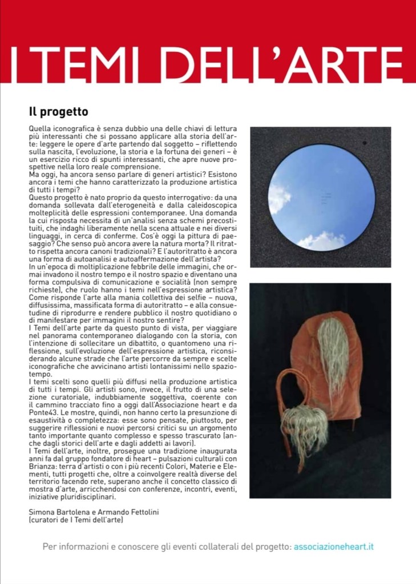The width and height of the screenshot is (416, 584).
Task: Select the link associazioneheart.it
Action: click(x=334, y=546)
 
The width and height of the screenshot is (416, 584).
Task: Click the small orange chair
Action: click(x=297, y=411)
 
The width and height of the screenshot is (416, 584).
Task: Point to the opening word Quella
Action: click(x=41, y=129)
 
